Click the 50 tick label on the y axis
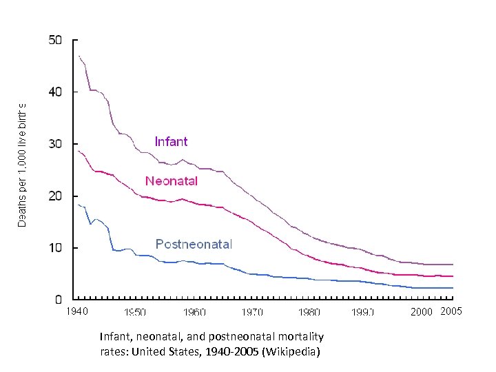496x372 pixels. pyautogui.click(x=55, y=40)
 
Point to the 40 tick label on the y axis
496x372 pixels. pyautogui.click(x=55, y=92)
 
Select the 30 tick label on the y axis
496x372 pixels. pyautogui.click(x=55, y=144)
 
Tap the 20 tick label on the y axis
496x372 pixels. pyautogui.click(x=55, y=196)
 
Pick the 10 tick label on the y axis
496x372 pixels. pyautogui.click(x=55, y=247)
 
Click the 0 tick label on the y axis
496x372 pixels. pyautogui.click(x=59, y=300)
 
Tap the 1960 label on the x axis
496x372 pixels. pyautogui.click(x=194, y=312)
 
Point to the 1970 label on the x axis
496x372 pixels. pyautogui.click(x=252, y=312)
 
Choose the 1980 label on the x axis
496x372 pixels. pyautogui.click(x=309, y=312)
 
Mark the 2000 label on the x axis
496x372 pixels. pyautogui.click(x=421, y=312)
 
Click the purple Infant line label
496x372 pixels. pyautogui.click(x=171, y=141)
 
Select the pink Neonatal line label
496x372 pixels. pyautogui.click(x=172, y=181)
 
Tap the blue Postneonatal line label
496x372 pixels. pyautogui.click(x=194, y=244)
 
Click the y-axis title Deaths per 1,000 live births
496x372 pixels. pyautogui.click(x=22, y=165)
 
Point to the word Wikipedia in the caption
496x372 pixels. pyautogui.click(x=297, y=351)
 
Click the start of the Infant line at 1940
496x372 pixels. pyautogui.click(x=79, y=56)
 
